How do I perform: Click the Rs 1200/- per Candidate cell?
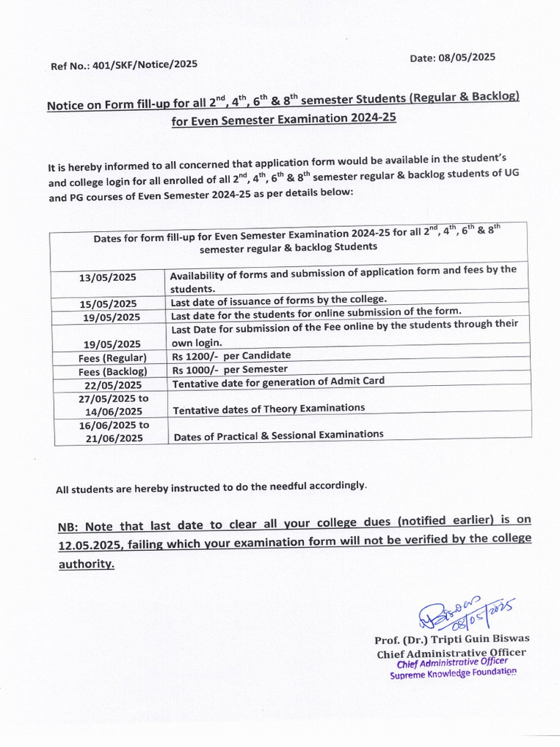coord(230,355)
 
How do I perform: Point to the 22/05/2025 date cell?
coord(113,384)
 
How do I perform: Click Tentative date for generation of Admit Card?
coord(277,382)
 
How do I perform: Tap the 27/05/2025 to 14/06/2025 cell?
coord(113,405)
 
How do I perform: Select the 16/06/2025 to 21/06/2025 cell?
coord(113,431)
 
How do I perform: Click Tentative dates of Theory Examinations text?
coord(268,408)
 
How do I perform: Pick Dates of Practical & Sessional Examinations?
coord(278,436)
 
